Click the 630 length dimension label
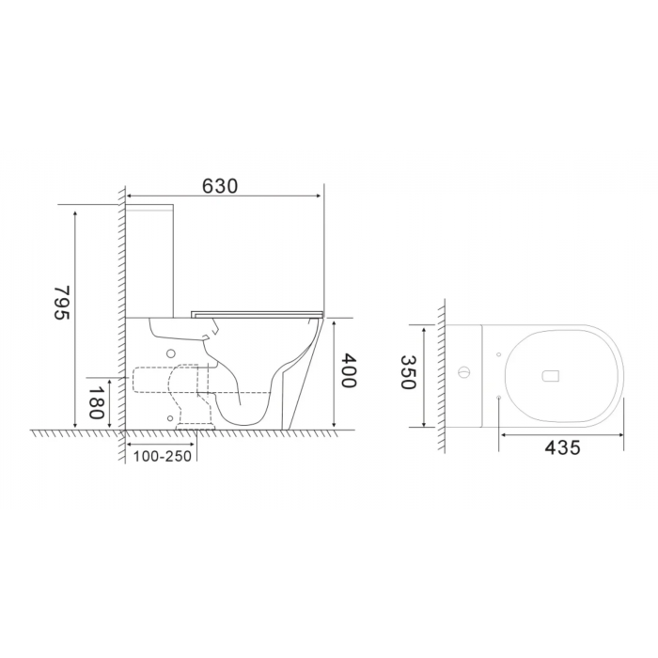click(x=220, y=186)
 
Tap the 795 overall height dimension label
click(x=61, y=303)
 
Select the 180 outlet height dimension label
click(x=96, y=402)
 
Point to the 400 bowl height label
click(x=349, y=370)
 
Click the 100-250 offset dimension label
click(x=163, y=456)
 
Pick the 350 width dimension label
click(x=408, y=372)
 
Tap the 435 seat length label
click(x=562, y=447)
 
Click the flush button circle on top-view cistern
click(x=463, y=372)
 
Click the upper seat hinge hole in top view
click(x=498, y=354)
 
